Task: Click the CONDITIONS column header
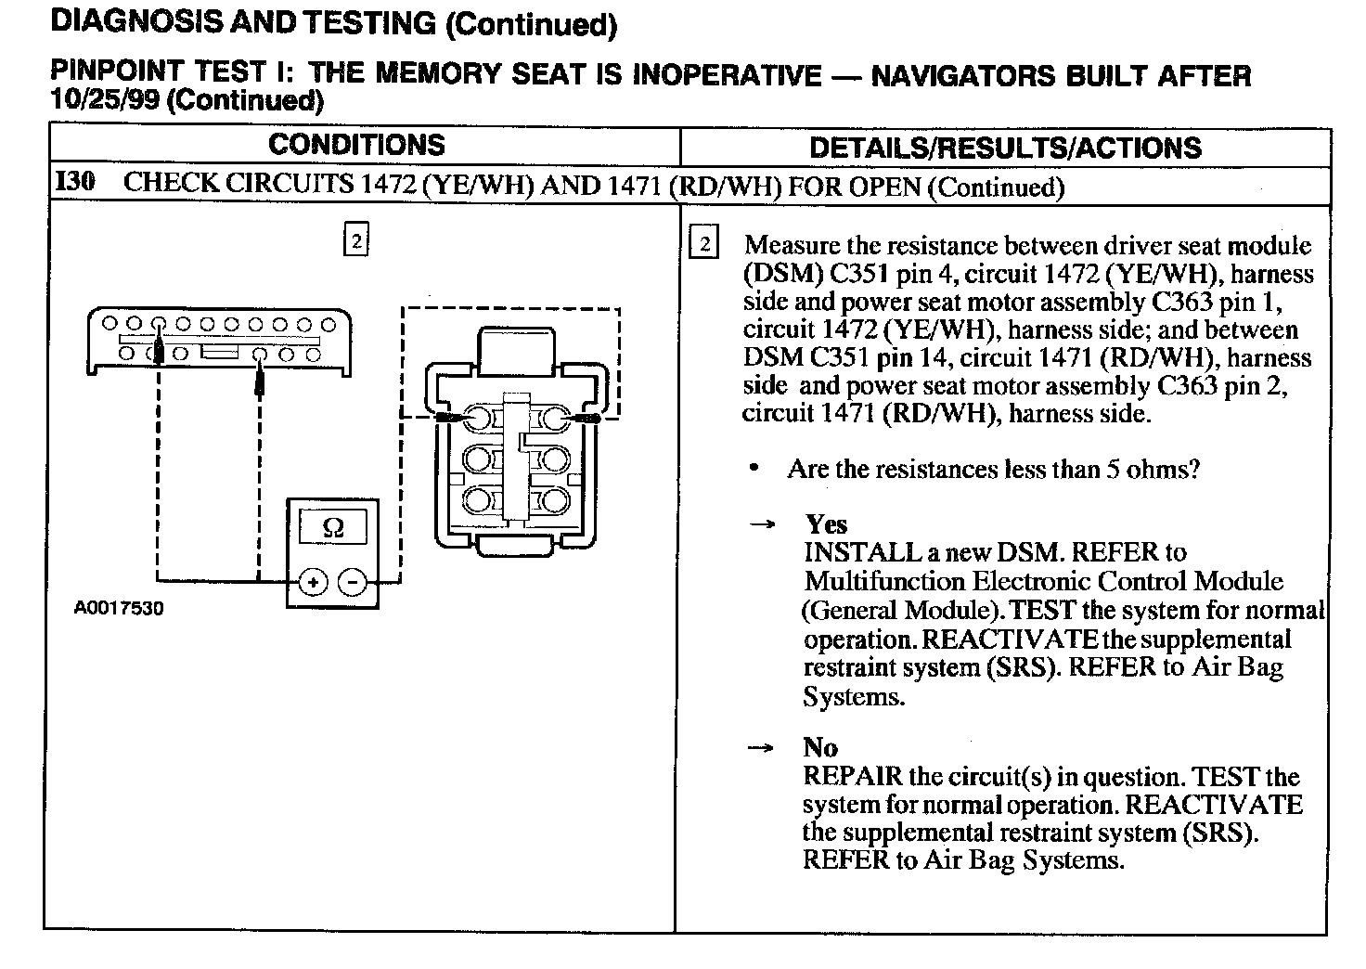pyautogui.click(x=356, y=145)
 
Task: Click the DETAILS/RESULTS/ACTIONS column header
pyautogui.click(x=1005, y=148)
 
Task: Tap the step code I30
pyautogui.click(x=75, y=181)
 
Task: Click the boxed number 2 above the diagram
pyautogui.click(x=356, y=239)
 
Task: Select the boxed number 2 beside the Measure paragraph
pyautogui.click(x=705, y=244)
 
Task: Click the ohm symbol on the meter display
pyautogui.click(x=331, y=528)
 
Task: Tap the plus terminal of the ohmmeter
pyautogui.click(x=314, y=582)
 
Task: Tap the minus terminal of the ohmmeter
pyautogui.click(x=353, y=582)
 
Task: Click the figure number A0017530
pyautogui.click(x=119, y=609)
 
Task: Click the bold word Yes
pyautogui.click(x=826, y=523)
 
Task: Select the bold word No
pyautogui.click(x=820, y=747)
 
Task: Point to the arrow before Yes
pyautogui.click(x=762, y=524)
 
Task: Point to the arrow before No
pyautogui.click(x=762, y=748)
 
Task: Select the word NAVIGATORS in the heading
pyautogui.click(x=960, y=74)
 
